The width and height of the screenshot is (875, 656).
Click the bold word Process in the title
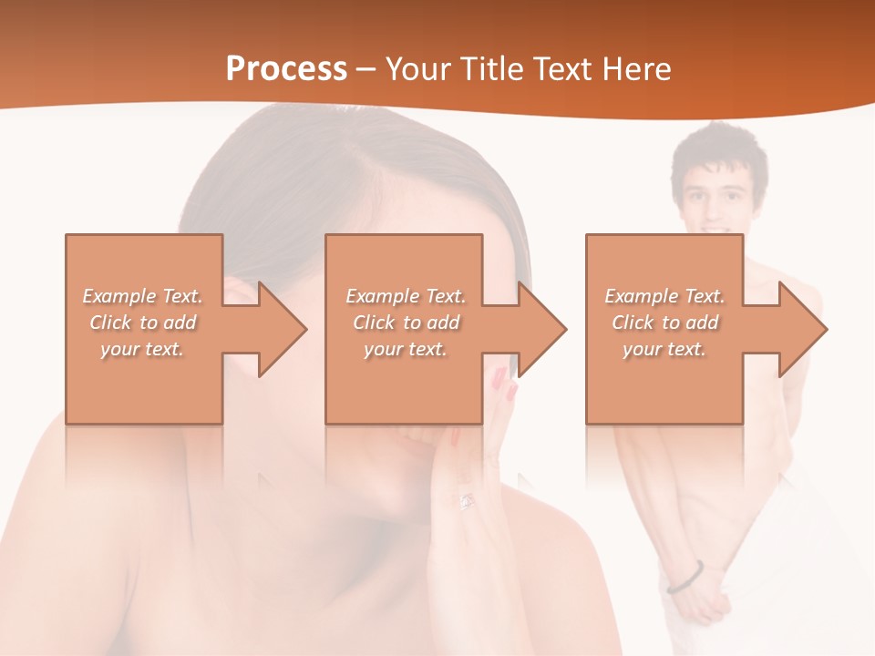coord(286,69)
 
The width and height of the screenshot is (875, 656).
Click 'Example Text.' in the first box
coord(143,296)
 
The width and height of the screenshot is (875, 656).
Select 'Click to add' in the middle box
coord(406,323)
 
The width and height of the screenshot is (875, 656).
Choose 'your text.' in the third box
coord(664,349)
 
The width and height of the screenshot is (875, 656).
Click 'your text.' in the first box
coord(143,349)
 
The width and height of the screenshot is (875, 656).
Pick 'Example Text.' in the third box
coord(664,296)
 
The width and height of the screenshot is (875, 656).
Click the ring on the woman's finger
coord(467,500)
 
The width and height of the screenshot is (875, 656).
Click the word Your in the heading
coord(417,69)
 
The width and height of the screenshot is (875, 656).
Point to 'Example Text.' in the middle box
coord(406,296)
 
